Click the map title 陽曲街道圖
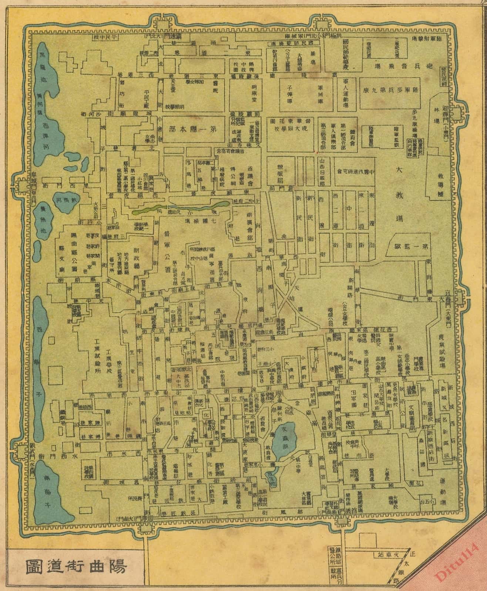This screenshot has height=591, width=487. click(76, 566)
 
